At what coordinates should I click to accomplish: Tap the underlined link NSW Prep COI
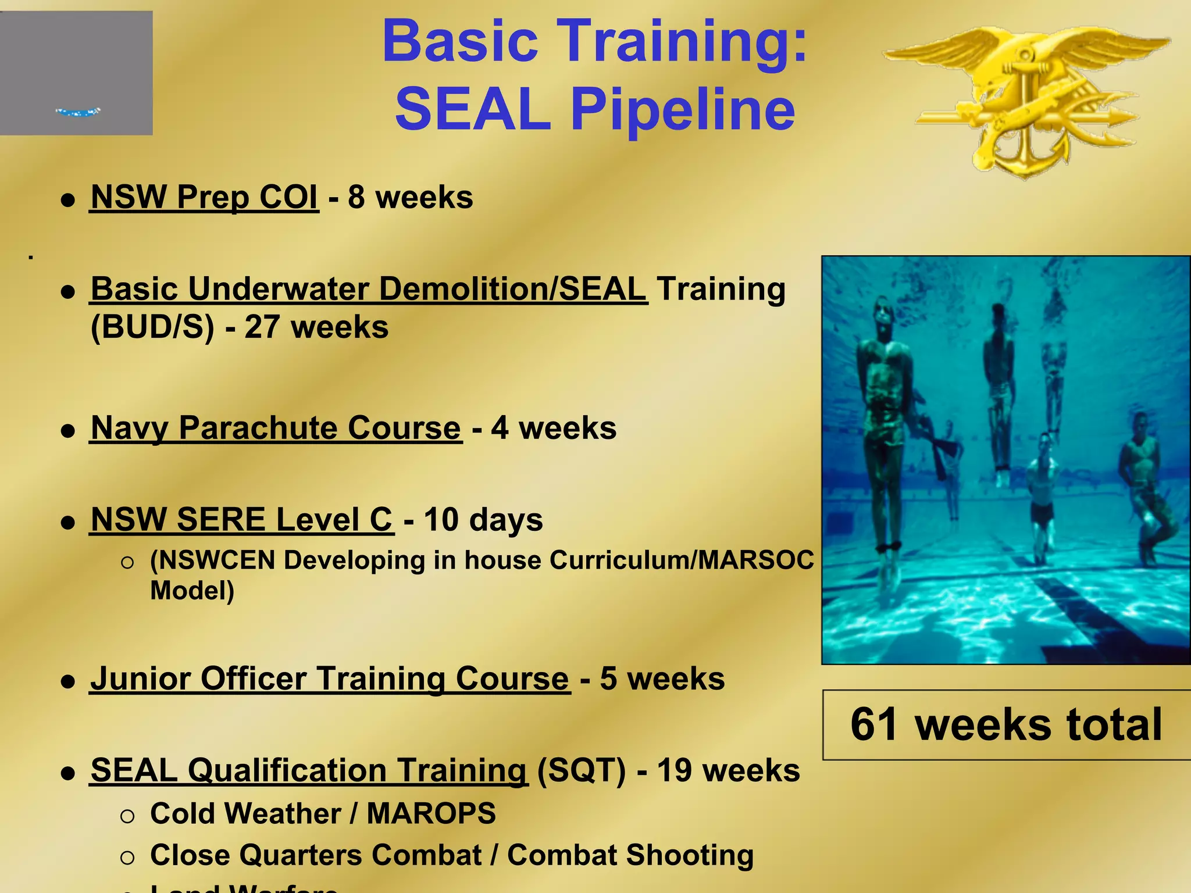204,197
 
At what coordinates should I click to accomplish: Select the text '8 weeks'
410,197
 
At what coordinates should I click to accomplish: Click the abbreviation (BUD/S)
152,327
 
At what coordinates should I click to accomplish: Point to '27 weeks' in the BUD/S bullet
316,327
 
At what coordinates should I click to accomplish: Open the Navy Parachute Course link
276,428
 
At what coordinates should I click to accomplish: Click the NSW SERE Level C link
241,519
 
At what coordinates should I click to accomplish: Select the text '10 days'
483,519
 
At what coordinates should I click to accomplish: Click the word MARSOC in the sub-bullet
755,560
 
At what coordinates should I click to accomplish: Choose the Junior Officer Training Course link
330,678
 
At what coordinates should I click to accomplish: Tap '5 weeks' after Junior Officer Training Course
662,678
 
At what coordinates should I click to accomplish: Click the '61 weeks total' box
1005,725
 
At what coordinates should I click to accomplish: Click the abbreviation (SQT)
581,770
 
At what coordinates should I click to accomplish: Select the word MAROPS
431,813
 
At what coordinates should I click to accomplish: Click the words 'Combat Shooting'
630,855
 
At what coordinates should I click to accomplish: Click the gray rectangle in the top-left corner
76,73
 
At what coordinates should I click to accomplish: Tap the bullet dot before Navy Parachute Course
69,431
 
